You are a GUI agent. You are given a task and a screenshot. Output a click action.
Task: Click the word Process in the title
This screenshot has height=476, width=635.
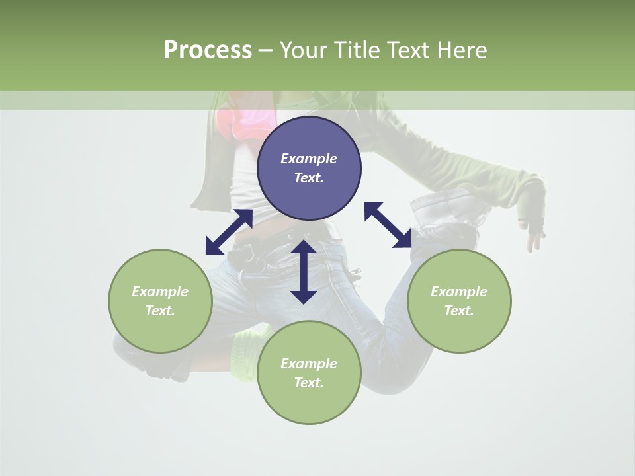(x=208, y=50)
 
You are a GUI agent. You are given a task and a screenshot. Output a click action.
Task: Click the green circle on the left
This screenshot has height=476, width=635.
(x=160, y=301)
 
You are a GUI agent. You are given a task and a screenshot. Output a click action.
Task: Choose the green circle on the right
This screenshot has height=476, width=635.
(x=459, y=301)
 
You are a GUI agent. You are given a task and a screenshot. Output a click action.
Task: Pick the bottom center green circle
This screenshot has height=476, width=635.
(x=309, y=373)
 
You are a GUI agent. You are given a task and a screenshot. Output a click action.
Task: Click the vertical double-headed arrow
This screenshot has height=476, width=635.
(x=304, y=272)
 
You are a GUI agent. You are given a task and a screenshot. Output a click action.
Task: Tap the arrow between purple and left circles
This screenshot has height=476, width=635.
(x=229, y=232)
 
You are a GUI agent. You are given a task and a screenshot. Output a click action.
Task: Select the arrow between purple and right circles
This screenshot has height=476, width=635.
(x=388, y=225)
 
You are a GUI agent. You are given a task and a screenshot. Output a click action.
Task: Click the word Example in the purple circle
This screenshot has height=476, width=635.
(x=309, y=159)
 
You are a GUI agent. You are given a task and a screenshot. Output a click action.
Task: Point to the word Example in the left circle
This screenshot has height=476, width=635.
(x=160, y=292)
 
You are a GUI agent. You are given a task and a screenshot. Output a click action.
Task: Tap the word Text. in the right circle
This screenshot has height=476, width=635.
(x=459, y=311)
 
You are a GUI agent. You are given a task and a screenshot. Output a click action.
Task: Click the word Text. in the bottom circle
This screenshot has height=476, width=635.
(x=309, y=383)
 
